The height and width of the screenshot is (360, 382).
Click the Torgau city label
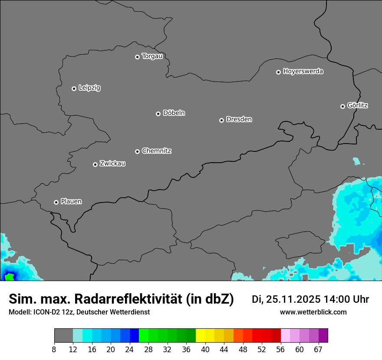pyautogui.click(x=152, y=56)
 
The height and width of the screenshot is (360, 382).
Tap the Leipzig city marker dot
pyautogui.click(x=74, y=88)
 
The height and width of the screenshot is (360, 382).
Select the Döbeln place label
pyautogui.click(x=174, y=113)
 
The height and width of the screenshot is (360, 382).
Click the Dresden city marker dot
pyautogui.click(x=221, y=120)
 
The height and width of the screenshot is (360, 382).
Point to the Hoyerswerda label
pyautogui.click(x=303, y=72)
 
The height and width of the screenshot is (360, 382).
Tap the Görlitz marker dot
pyautogui.click(x=342, y=106)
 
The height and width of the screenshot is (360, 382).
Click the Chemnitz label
pyautogui.click(x=156, y=151)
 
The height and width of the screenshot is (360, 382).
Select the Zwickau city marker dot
pyautogui.click(x=95, y=164)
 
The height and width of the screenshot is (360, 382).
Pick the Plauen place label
pyautogui.click(x=71, y=202)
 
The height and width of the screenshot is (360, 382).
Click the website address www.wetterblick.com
pyautogui.click(x=313, y=312)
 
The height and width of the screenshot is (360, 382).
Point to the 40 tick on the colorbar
pyautogui.click(x=205, y=350)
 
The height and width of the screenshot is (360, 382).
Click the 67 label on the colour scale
pyautogui.click(x=318, y=350)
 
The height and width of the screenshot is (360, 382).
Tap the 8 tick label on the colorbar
pyautogui.click(x=54, y=350)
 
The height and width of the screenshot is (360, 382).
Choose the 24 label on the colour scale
pyautogui.click(x=129, y=350)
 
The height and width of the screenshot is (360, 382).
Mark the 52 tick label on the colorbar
pyautogui.click(x=262, y=350)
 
